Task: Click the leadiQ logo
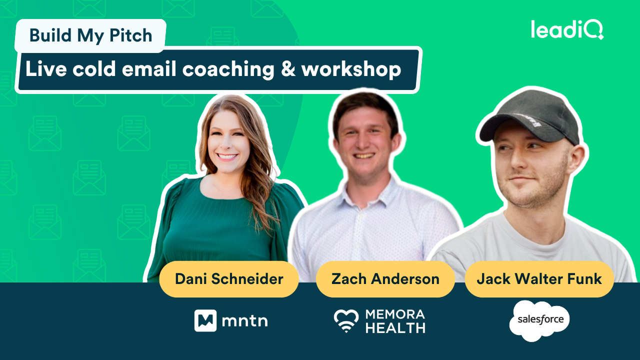[567, 29]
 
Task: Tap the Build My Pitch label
[90, 35]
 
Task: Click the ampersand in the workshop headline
[288, 69]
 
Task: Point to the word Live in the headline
[46, 69]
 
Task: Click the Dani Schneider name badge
[229, 279]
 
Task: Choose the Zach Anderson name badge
[385, 279]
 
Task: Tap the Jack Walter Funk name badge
[539, 279]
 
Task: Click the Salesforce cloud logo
[539, 320]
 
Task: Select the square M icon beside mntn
[205, 320]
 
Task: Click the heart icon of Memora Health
[346, 320]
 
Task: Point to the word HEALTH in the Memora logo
[395, 328]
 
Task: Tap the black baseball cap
[529, 120]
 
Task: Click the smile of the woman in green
[227, 157]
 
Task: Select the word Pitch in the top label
[131, 35]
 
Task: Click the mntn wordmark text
[245, 321]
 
